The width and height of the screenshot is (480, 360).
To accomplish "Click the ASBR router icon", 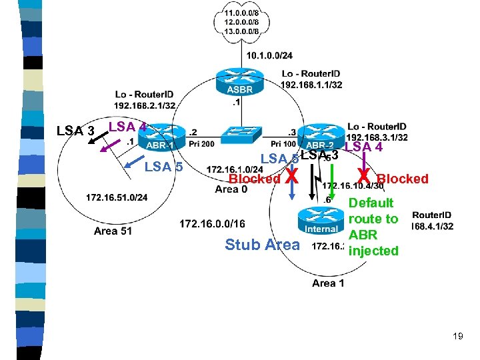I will (239, 83).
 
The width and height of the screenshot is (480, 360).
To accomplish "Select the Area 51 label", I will (113, 231).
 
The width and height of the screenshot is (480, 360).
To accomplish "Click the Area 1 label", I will (328, 283).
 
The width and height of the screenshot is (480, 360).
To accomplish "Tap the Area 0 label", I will (231, 189).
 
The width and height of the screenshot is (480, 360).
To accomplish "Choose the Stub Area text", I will (262, 245).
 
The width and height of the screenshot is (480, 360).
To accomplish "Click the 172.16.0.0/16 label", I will (212, 223).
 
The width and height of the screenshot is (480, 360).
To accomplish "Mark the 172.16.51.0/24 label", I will (117, 197).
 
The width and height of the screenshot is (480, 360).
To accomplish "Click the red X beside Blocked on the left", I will (291, 177).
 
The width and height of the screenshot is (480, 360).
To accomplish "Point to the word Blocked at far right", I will (403, 179).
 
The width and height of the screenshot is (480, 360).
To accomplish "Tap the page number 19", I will (457, 336).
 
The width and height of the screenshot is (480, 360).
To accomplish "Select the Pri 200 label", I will (201, 143).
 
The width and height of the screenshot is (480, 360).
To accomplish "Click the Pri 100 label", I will (285, 143).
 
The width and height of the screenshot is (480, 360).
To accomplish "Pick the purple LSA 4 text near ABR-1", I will (127, 126).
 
